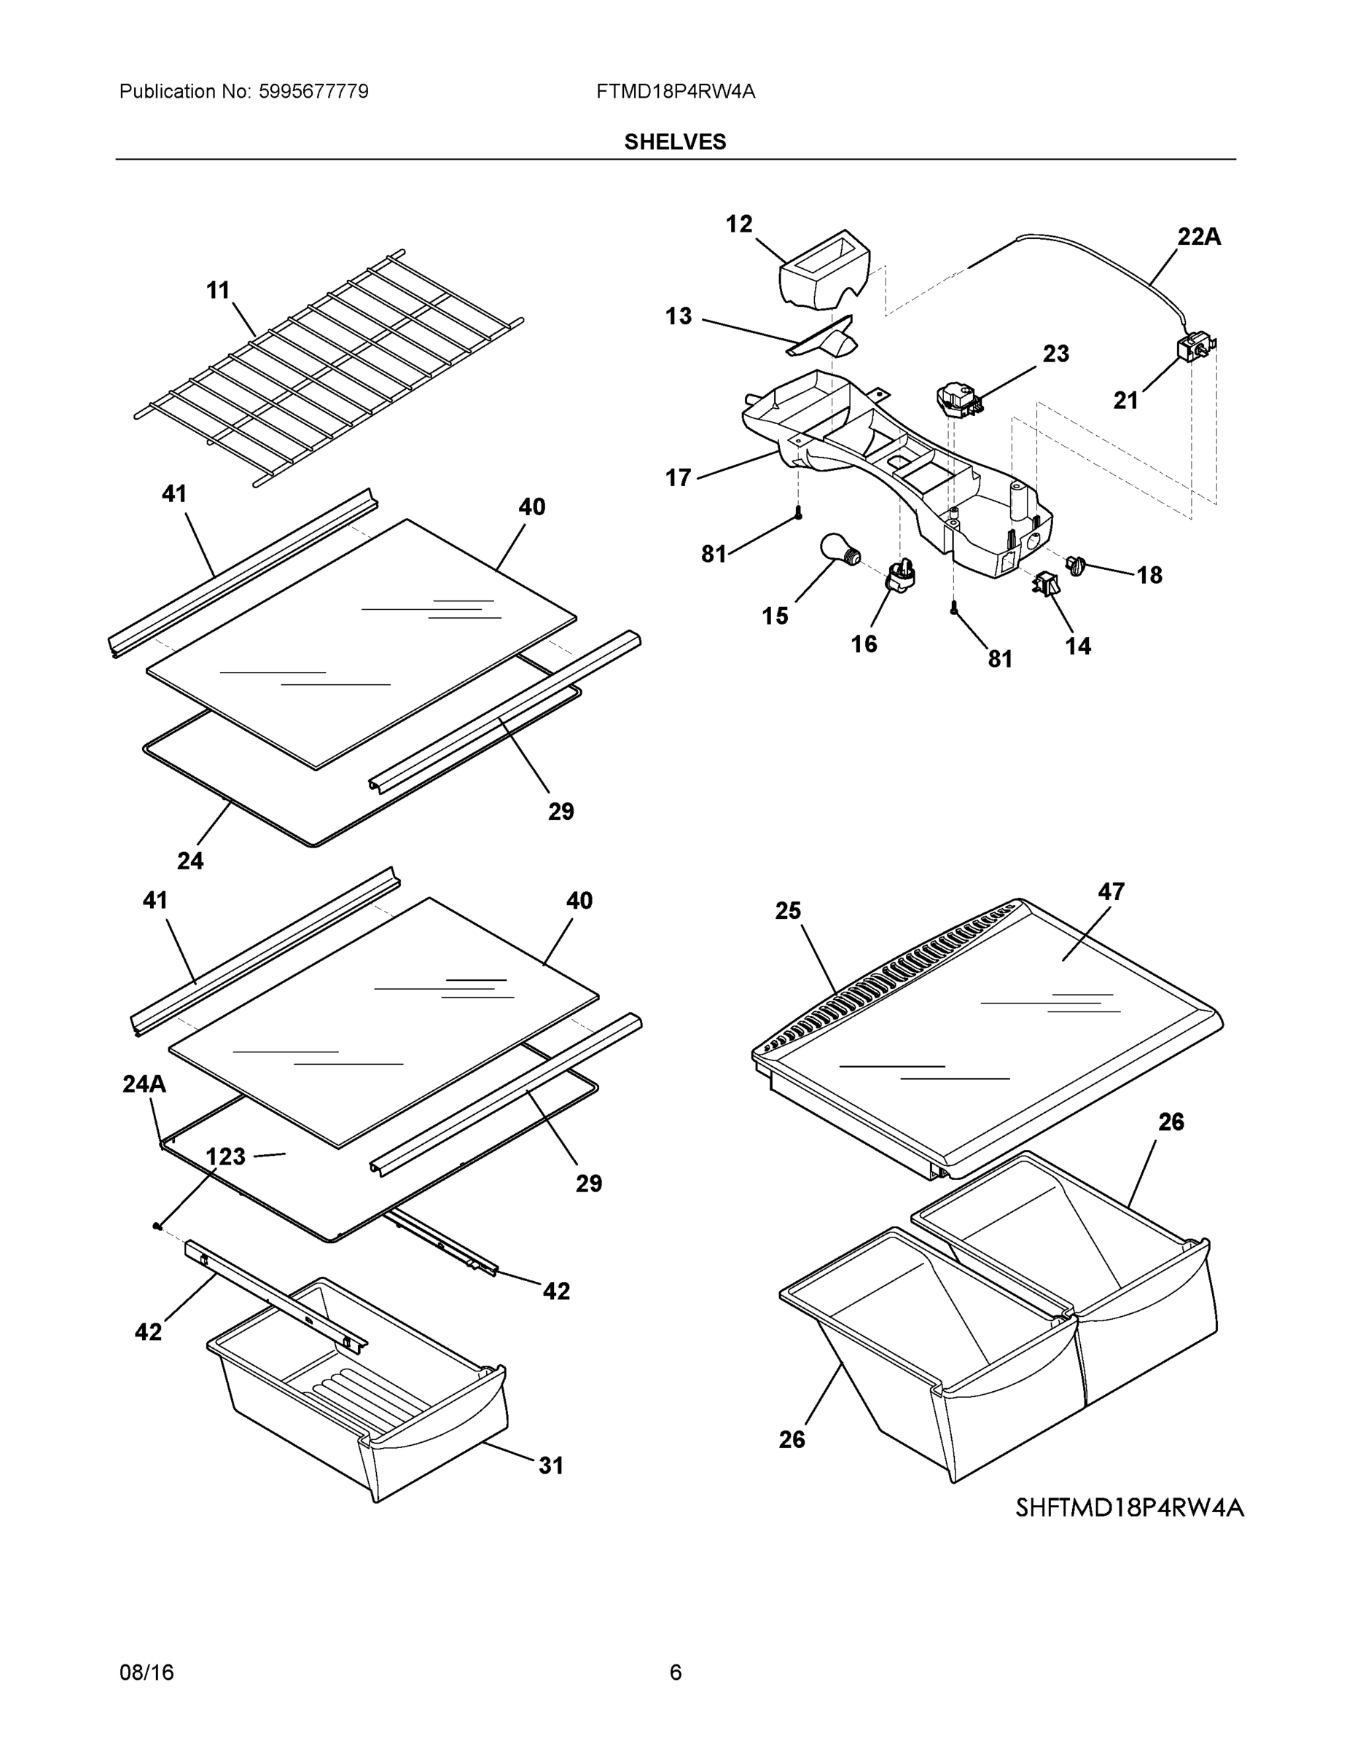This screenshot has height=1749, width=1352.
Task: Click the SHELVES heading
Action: (674, 142)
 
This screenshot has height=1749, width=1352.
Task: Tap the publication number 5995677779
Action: (313, 92)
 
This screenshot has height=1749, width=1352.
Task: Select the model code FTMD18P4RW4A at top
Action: (674, 92)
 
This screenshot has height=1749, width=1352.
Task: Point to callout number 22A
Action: (1198, 237)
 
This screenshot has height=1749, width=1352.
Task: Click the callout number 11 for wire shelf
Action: (218, 291)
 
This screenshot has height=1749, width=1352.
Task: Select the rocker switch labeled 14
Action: (1046, 584)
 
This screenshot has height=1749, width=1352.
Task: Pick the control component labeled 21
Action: (1193, 348)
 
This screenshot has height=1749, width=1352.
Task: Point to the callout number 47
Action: (1111, 891)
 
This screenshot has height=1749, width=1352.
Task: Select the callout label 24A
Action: (144, 1084)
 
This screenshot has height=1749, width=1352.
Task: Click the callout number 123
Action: (226, 1157)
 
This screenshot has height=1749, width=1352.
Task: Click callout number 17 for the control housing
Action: (678, 478)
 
